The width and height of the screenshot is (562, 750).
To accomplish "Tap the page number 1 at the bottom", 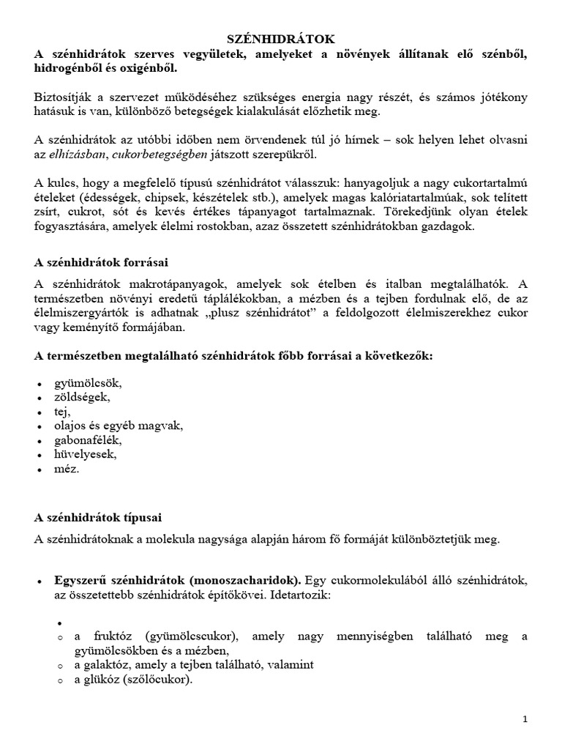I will pyautogui.click(x=525, y=720).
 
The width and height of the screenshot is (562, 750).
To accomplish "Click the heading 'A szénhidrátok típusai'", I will pyautogui.click(x=98, y=517).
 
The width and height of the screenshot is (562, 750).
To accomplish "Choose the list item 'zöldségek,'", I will pyautogui.click(x=82, y=397).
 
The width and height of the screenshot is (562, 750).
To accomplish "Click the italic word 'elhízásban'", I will pyautogui.click(x=79, y=155).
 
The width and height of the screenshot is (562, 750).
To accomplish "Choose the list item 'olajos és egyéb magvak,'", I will pyautogui.click(x=119, y=426).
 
